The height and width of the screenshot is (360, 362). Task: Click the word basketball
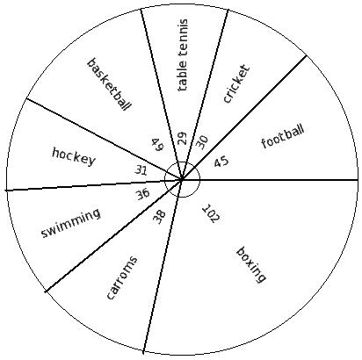click(x=108, y=84)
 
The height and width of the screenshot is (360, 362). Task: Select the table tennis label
click(x=182, y=55)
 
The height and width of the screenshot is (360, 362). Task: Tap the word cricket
click(x=236, y=83)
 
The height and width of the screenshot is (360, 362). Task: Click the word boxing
click(x=251, y=265)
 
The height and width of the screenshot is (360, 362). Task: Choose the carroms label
click(x=121, y=278)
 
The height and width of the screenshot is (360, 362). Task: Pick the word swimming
click(x=71, y=223)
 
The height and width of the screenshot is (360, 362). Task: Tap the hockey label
click(x=74, y=157)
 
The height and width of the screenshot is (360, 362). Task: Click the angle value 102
click(x=211, y=213)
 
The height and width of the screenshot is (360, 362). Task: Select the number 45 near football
click(x=221, y=162)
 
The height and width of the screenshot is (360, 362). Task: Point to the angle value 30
click(x=202, y=142)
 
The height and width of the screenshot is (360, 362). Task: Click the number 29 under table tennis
click(x=182, y=139)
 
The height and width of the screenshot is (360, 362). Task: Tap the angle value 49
click(x=157, y=145)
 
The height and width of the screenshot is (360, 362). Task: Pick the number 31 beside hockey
click(x=141, y=170)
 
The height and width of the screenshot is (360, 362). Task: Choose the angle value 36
click(x=142, y=194)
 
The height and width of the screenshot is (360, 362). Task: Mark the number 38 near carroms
click(x=159, y=217)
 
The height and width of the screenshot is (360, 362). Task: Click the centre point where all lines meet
click(x=182, y=179)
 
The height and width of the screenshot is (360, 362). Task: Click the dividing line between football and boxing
click(x=270, y=179)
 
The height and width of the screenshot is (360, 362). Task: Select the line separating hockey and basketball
click(x=104, y=139)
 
